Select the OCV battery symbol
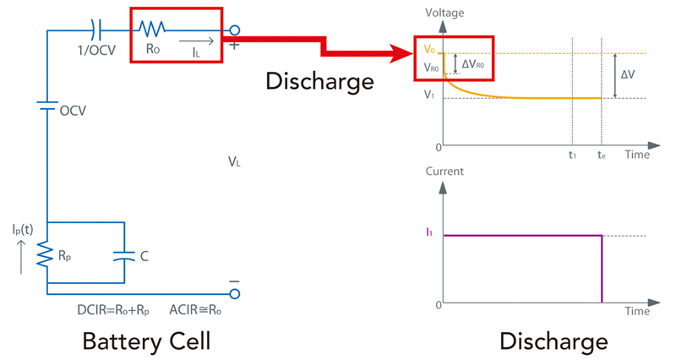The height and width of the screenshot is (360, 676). click(x=46, y=109)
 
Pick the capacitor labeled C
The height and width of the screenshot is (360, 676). click(x=124, y=254)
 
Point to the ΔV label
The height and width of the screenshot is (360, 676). click(x=629, y=75)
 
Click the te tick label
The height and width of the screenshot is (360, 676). click(x=601, y=155)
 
